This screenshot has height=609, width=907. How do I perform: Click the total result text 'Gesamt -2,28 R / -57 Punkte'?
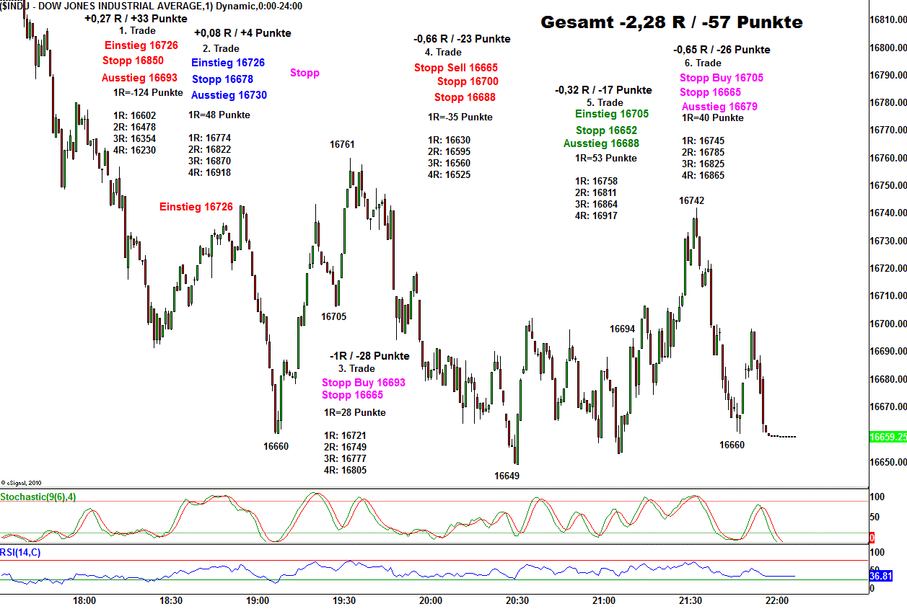point(671,22)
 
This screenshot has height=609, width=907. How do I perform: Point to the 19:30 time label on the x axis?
point(344,600)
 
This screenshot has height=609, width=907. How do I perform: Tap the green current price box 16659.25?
point(887,437)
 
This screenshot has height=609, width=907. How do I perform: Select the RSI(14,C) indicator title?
point(20,553)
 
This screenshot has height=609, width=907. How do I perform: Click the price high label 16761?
point(342,144)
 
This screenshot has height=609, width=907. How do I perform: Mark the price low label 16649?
point(507,476)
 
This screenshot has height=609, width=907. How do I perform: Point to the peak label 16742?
point(691,200)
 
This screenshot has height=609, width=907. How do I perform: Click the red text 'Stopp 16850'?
point(133,61)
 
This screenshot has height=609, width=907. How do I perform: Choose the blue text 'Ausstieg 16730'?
point(229,95)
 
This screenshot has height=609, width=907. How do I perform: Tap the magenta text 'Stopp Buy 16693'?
point(364,383)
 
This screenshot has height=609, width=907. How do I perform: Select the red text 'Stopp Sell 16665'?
point(456,68)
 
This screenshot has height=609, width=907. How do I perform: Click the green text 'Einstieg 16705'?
point(612,114)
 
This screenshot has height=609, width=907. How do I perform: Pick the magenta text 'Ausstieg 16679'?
point(719,107)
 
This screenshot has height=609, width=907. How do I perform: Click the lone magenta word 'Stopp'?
point(304,73)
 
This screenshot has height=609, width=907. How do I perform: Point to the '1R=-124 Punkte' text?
point(148,93)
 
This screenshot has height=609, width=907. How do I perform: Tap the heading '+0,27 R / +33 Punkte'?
point(136,19)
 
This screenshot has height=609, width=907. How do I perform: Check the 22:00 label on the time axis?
point(776,600)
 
